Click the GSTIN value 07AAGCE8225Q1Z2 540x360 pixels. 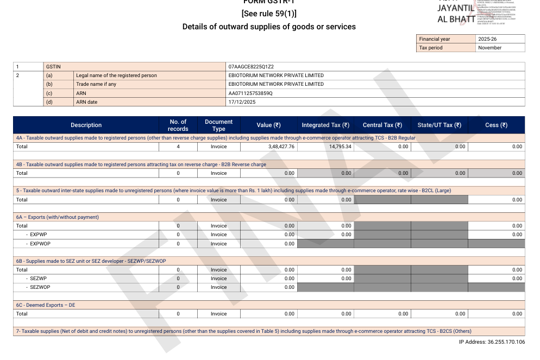click(x=251, y=67)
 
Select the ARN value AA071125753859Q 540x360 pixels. click(x=250, y=93)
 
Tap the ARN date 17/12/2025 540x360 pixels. click(x=241, y=102)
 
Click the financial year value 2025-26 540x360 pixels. click(x=487, y=39)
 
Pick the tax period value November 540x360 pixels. click(x=490, y=48)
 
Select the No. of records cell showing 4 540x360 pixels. click(x=178, y=147)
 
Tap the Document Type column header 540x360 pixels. click(x=218, y=125)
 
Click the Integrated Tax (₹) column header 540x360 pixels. click(x=325, y=125)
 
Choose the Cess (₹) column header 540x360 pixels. click(x=496, y=125)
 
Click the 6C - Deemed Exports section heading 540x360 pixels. click(x=46, y=305)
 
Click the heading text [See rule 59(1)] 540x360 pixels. click(x=269, y=14)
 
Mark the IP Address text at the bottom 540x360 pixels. click(x=492, y=342)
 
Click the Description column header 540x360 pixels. click(x=86, y=125)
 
